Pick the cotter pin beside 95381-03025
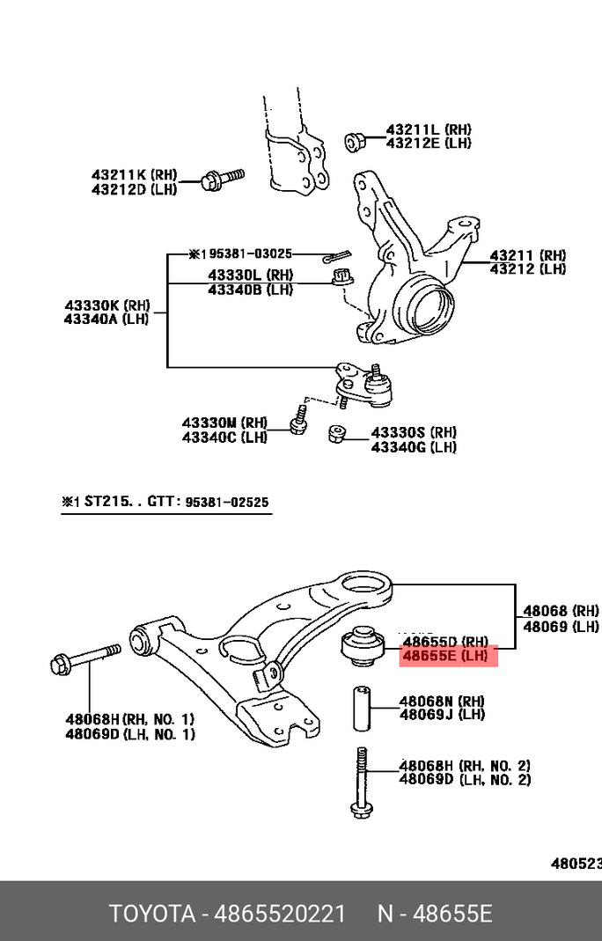coord(334,257)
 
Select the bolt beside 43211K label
coord(220,180)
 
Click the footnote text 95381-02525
coord(227,503)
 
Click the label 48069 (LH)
coord(561,627)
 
